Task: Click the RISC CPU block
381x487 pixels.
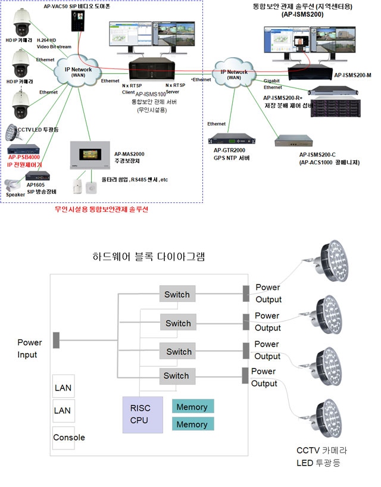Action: (x=142, y=414)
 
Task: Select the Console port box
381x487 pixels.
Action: (x=70, y=438)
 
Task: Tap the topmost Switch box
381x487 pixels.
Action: (x=177, y=294)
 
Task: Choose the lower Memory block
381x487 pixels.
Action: (x=192, y=424)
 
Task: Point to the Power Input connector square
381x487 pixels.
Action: (x=56, y=341)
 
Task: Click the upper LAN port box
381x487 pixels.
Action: (x=63, y=388)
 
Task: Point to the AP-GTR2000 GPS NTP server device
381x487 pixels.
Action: (x=232, y=142)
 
